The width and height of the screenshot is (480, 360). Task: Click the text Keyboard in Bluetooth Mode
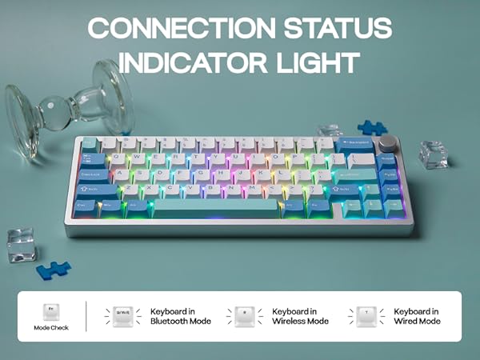pyautogui.click(x=181, y=316)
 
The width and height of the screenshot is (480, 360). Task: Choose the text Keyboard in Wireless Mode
pyautogui.click(x=301, y=316)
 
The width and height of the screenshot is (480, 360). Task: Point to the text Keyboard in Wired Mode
pyautogui.click(x=417, y=316)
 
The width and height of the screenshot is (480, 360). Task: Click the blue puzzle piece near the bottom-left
pyautogui.click(x=53, y=270)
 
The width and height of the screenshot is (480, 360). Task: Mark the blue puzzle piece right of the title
pyautogui.click(x=370, y=126)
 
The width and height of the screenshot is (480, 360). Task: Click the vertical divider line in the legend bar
pyautogui.click(x=86, y=316)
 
